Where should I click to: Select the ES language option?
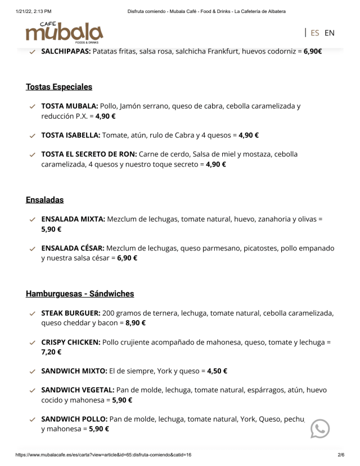[x=314, y=33]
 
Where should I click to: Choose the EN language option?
[x=329, y=33]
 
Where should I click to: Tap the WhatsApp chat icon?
[x=320, y=429]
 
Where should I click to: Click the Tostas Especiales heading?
[x=59, y=87]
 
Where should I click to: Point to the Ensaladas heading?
[x=44, y=200]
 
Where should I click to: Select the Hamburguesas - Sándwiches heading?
[x=80, y=294]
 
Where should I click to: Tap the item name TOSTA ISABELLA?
[x=71, y=135]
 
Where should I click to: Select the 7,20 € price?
[x=51, y=352]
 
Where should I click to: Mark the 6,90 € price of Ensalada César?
[x=127, y=258]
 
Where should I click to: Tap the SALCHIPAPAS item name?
[x=66, y=51]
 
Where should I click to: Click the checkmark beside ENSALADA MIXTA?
[x=33, y=219]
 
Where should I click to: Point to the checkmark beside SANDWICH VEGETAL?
[x=33, y=390]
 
